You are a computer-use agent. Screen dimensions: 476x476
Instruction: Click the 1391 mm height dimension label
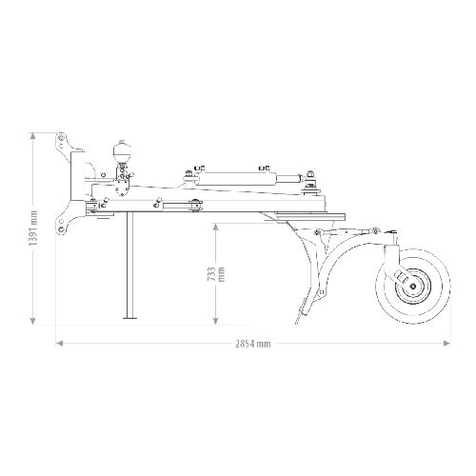coord(33,228)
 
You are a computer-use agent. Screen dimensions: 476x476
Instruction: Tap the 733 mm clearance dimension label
coord(216,274)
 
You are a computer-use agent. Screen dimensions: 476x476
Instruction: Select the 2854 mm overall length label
coord(253,344)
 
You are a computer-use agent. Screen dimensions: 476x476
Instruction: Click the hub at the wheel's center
coord(412,287)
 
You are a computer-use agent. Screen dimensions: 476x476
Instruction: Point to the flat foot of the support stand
coord(129,317)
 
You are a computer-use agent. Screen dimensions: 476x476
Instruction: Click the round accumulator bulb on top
coord(122,151)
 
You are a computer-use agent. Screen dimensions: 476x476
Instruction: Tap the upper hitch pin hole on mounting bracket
coord(61,137)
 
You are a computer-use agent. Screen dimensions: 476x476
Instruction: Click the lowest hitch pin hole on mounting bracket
coord(61,229)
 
